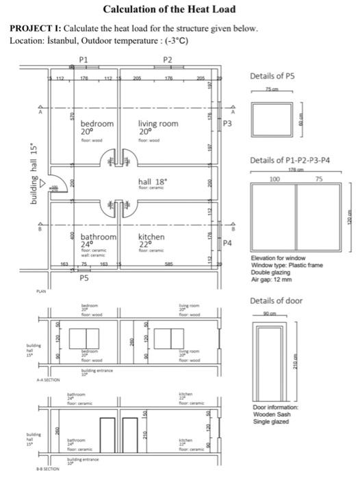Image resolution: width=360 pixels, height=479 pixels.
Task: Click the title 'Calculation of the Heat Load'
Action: tap(168, 9)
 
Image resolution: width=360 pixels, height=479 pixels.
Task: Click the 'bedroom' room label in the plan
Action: tap(97, 124)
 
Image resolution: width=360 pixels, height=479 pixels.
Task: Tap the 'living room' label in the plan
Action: tap(158, 124)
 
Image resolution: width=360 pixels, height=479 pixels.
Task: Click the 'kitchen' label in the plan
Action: tap(151, 237)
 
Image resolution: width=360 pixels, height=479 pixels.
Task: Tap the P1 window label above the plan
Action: tap(83, 60)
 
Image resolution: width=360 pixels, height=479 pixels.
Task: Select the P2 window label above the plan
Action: tap(168, 60)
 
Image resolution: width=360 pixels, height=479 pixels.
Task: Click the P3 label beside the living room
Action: tap(228, 124)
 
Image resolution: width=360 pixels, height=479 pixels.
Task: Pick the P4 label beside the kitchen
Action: tap(228, 243)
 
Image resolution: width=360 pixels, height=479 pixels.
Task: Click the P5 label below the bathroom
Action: tap(83, 279)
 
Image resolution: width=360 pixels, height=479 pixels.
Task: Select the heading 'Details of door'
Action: tap(277, 301)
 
